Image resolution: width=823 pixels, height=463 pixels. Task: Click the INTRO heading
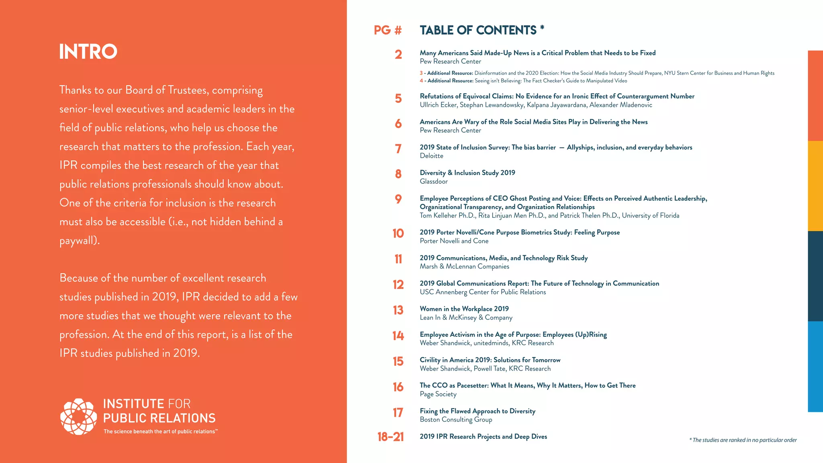pyautogui.click(x=88, y=51)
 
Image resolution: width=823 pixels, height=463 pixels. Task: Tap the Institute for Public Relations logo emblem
pyautogui.click(x=78, y=417)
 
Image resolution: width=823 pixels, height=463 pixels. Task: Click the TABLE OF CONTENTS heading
pyautogui.click(x=478, y=30)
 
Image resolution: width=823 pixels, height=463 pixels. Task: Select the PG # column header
pyautogui.click(x=387, y=30)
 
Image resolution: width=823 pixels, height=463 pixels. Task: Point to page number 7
pyautogui.click(x=398, y=149)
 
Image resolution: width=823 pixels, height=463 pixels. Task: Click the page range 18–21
pyautogui.click(x=390, y=437)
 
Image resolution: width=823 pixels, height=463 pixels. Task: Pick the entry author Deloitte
pyautogui.click(x=431, y=156)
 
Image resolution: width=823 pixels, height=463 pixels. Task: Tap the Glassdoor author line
pyautogui.click(x=434, y=182)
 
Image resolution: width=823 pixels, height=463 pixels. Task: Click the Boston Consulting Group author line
pyautogui.click(x=456, y=420)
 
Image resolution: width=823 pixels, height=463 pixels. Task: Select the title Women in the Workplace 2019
pyautogui.click(x=464, y=309)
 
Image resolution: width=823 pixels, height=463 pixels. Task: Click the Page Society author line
pyautogui.click(x=438, y=394)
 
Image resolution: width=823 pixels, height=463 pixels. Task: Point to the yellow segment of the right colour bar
pyautogui.click(x=815, y=186)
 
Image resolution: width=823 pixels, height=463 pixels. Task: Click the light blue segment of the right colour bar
pyautogui.click(x=815, y=367)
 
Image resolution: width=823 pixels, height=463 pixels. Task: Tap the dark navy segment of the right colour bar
pyautogui.click(x=815, y=276)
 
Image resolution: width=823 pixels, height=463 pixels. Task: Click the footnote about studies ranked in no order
pyautogui.click(x=743, y=440)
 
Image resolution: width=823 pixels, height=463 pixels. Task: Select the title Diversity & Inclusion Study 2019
pyautogui.click(x=467, y=173)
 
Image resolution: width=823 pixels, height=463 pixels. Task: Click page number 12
pyautogui.click(x=398, y=285)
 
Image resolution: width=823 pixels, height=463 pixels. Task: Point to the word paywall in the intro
pyautogui.click(x=79, y=241)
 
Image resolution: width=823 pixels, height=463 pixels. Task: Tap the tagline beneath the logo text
pyautogui.click(x=160, y=432)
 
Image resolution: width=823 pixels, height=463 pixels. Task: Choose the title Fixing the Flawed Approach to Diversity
pyautogui.click(x=477, y=411)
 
